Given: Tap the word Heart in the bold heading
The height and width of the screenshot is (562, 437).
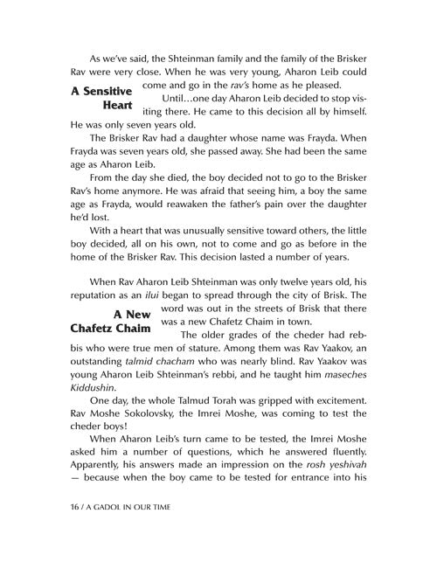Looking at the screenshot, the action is point(114,109).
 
